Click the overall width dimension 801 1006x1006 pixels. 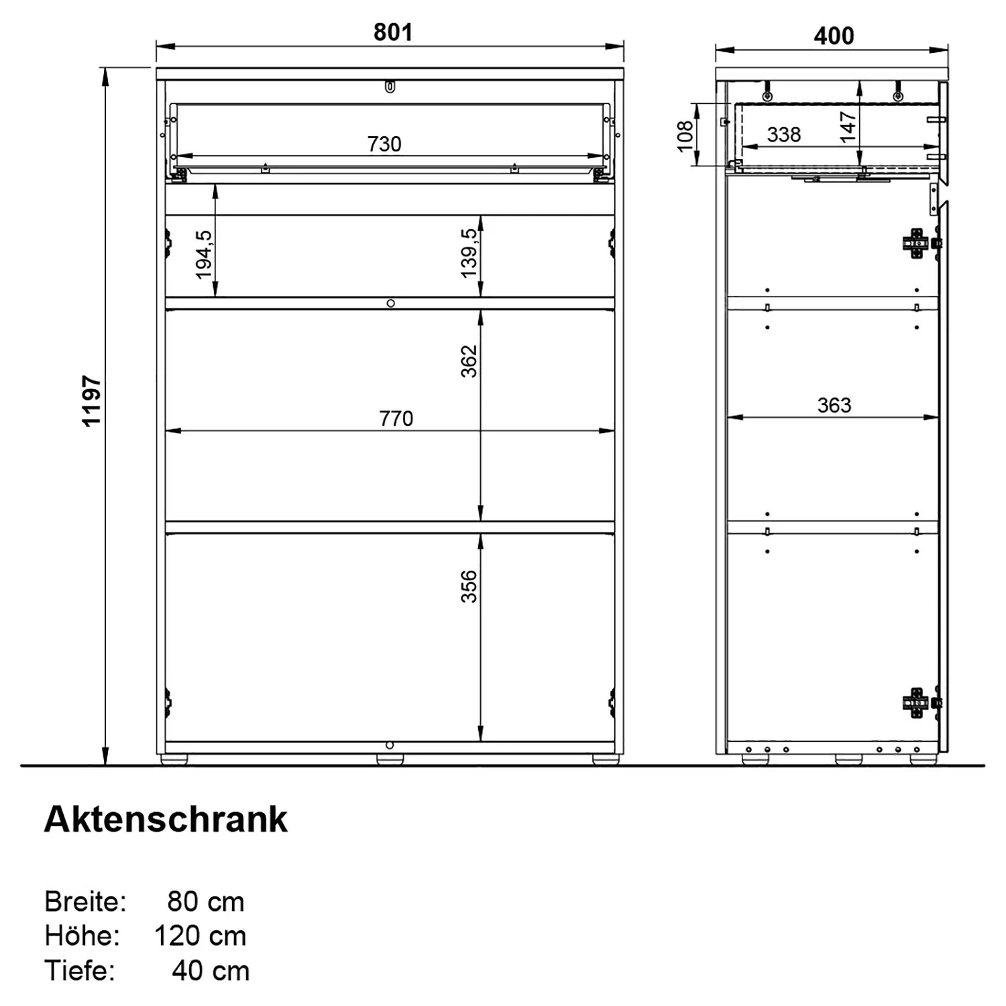393,32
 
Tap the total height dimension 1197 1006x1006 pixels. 91,401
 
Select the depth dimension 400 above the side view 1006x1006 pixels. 834,36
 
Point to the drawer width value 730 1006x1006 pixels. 384,144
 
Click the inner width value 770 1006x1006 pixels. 396,418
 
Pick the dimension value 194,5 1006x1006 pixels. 204,254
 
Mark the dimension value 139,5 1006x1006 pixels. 469,253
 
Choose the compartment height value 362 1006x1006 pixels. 469,361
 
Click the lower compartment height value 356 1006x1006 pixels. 469,586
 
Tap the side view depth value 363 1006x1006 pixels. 834,405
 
